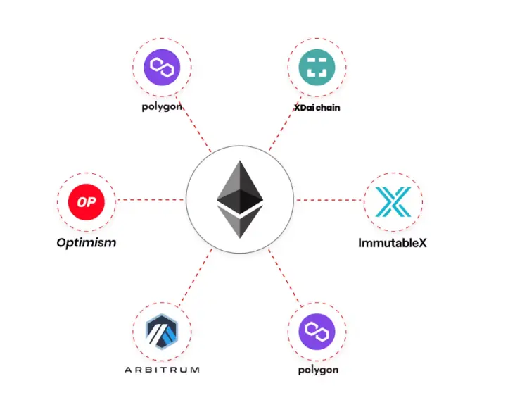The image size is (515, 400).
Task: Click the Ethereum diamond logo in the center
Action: coord(240,199)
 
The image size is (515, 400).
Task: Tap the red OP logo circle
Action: coord(87,202)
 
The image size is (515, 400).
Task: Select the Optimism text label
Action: coord(87,243)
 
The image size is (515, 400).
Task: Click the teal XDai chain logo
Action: coord(317,68)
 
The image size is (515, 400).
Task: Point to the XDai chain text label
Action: coord(317,108)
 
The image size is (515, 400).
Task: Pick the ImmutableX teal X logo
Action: coord(393,202)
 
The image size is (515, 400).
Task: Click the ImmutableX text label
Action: coord(393,243)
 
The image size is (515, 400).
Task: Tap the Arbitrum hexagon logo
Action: coord(162,331)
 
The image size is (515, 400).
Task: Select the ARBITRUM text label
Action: coord(162,370)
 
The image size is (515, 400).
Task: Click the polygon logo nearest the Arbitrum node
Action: coord(317,332)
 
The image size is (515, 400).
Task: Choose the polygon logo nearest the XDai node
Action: coord(162,68)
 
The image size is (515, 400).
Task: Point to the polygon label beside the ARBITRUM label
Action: coord(318,370)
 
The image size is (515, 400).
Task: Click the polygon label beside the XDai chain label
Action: coord(162,107)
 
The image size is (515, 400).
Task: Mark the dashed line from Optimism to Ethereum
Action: coord(151,199)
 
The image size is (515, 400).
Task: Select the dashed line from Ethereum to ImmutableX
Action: coord(329,200)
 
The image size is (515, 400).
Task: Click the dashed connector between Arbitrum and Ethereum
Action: coord(195,277)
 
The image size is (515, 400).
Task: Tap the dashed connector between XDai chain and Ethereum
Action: coord(285,124)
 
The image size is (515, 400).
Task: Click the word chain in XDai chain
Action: coord(328,108)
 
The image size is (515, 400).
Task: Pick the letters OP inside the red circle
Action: coord(87,202)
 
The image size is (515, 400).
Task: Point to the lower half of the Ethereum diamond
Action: coord(240,222)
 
